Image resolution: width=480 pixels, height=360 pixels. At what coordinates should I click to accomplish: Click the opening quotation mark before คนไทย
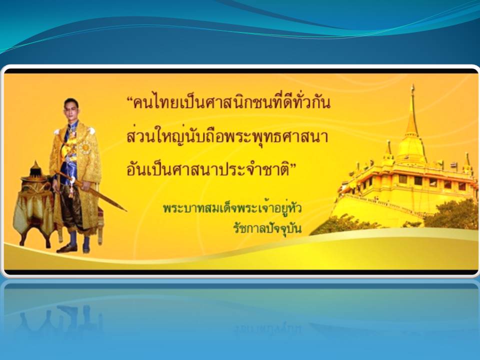(x=129, y=100)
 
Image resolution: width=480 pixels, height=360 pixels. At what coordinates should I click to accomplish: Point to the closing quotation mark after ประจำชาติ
(x=292, y=166)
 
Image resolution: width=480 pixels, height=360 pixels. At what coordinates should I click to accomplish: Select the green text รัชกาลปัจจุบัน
(x=267, y=228)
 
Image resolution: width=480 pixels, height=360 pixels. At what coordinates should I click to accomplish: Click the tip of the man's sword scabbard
(x=125, y=210)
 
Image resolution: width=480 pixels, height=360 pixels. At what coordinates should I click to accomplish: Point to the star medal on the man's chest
(x=85, y=147)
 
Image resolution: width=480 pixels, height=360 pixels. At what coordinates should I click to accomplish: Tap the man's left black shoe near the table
(x=66, y=248)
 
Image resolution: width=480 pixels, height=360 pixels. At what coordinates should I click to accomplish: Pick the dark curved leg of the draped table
(x=23, y=236)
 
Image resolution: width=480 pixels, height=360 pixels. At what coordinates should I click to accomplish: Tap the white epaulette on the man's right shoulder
(x=56, y=131)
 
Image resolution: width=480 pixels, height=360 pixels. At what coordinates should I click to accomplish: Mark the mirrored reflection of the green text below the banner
(x=267, y=328)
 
